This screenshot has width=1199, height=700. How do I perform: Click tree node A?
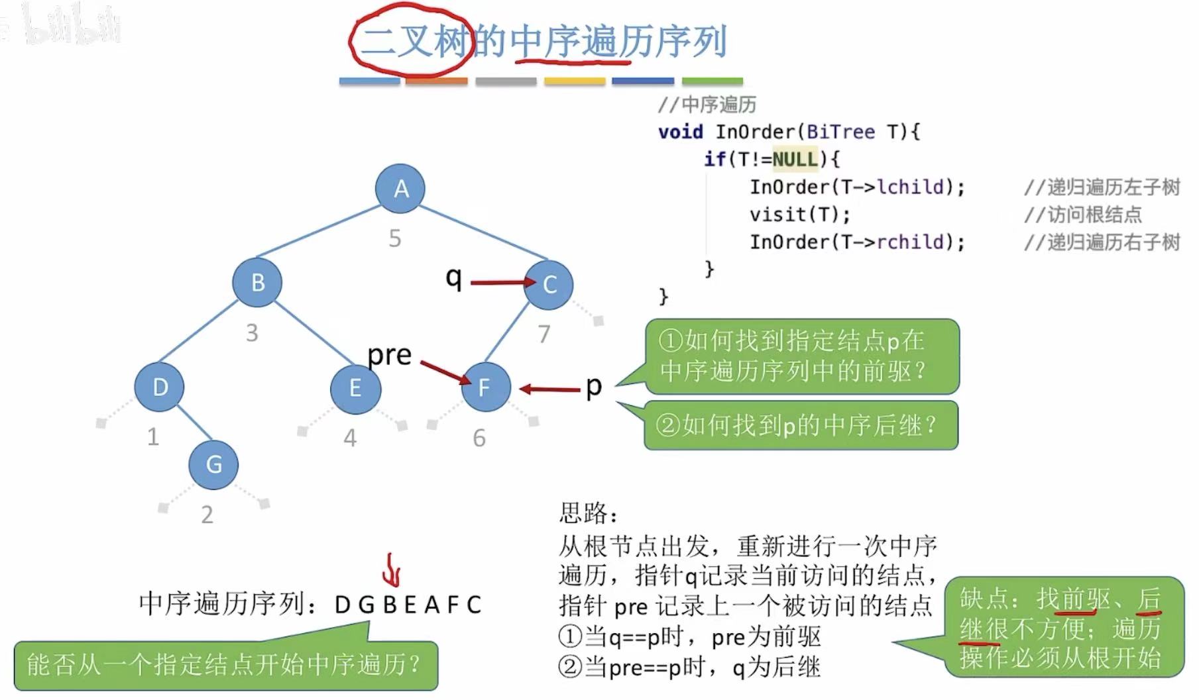tap(400, 189)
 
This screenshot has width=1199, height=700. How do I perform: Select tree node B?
tap(257, 283)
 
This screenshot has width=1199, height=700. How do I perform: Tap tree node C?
tap(549, 285)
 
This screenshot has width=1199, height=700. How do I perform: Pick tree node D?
tap(159, 387)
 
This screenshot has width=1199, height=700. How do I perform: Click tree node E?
tap(355, 388)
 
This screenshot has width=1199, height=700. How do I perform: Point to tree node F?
tap(485, 387)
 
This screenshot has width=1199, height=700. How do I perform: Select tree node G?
tap(213, 464)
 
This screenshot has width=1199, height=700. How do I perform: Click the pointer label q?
tap(453, 277)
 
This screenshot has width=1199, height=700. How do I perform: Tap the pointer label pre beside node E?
tap(390, 355)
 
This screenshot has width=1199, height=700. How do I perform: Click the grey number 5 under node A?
tap(395, 238)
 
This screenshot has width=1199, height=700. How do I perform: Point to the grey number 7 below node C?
tap(543, 334)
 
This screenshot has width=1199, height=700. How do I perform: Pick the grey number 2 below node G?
tap(207, 515)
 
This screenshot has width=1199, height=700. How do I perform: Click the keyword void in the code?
tap(680, 132)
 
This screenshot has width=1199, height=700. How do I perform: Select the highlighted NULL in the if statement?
tap(795, 159)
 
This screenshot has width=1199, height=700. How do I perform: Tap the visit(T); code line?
tap(799, 215)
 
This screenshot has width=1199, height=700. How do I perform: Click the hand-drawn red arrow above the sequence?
tap(392, 570)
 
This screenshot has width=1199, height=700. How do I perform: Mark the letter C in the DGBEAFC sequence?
tap(473, 605)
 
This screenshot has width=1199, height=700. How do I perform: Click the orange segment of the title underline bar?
tap(437, 81)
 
